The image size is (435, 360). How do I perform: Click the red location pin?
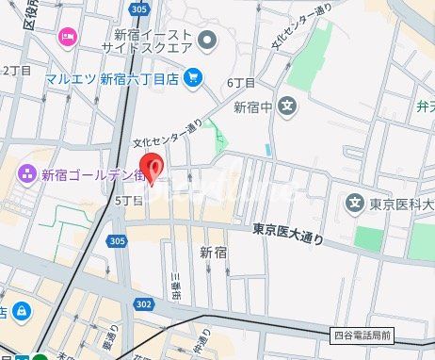155,166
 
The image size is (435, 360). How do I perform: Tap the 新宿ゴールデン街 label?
92,174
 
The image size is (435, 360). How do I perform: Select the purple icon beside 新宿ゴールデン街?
24,174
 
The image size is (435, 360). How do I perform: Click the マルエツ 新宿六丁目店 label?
113,77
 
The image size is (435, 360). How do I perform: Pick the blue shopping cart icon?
193,77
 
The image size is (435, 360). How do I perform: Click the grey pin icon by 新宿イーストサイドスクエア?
207,39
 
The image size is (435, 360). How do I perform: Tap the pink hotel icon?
67,37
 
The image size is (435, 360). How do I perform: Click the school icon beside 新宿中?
288,106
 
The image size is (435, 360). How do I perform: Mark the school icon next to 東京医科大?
355,203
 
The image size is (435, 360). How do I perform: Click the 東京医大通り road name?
288,234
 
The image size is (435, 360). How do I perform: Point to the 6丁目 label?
241,83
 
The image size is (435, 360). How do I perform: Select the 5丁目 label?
128,201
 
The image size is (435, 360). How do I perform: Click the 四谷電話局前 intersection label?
367,335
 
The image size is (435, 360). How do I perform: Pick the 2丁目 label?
16,71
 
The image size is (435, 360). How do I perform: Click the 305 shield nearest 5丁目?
117,241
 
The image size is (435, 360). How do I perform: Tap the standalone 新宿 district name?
214,252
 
